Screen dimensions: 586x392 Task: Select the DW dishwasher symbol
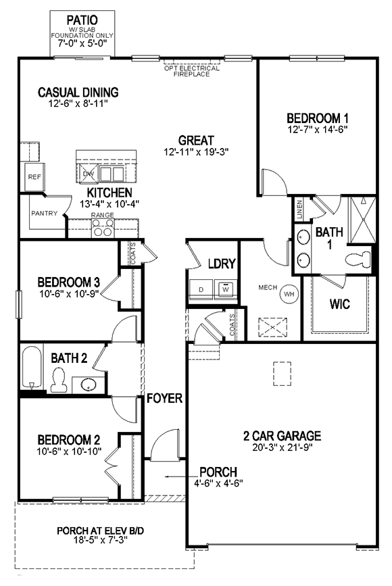pos(88,174)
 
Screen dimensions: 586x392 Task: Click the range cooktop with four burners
pos(103,229)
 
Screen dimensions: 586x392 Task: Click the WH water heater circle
pos(290,294)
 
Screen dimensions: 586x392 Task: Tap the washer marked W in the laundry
pos(226,289)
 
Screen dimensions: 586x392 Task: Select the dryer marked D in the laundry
pos(201,289)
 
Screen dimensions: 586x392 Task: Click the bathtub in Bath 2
pos(30,368)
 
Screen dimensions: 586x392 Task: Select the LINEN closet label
pos(299,211)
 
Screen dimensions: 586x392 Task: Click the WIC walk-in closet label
pos(340,304)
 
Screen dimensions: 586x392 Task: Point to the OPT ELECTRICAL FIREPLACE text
pos(192,71)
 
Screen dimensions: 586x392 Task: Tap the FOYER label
pos(164,398)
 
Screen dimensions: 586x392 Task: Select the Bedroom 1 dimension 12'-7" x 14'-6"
pos(317,128)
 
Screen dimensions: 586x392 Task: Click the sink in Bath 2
pos(88,385)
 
